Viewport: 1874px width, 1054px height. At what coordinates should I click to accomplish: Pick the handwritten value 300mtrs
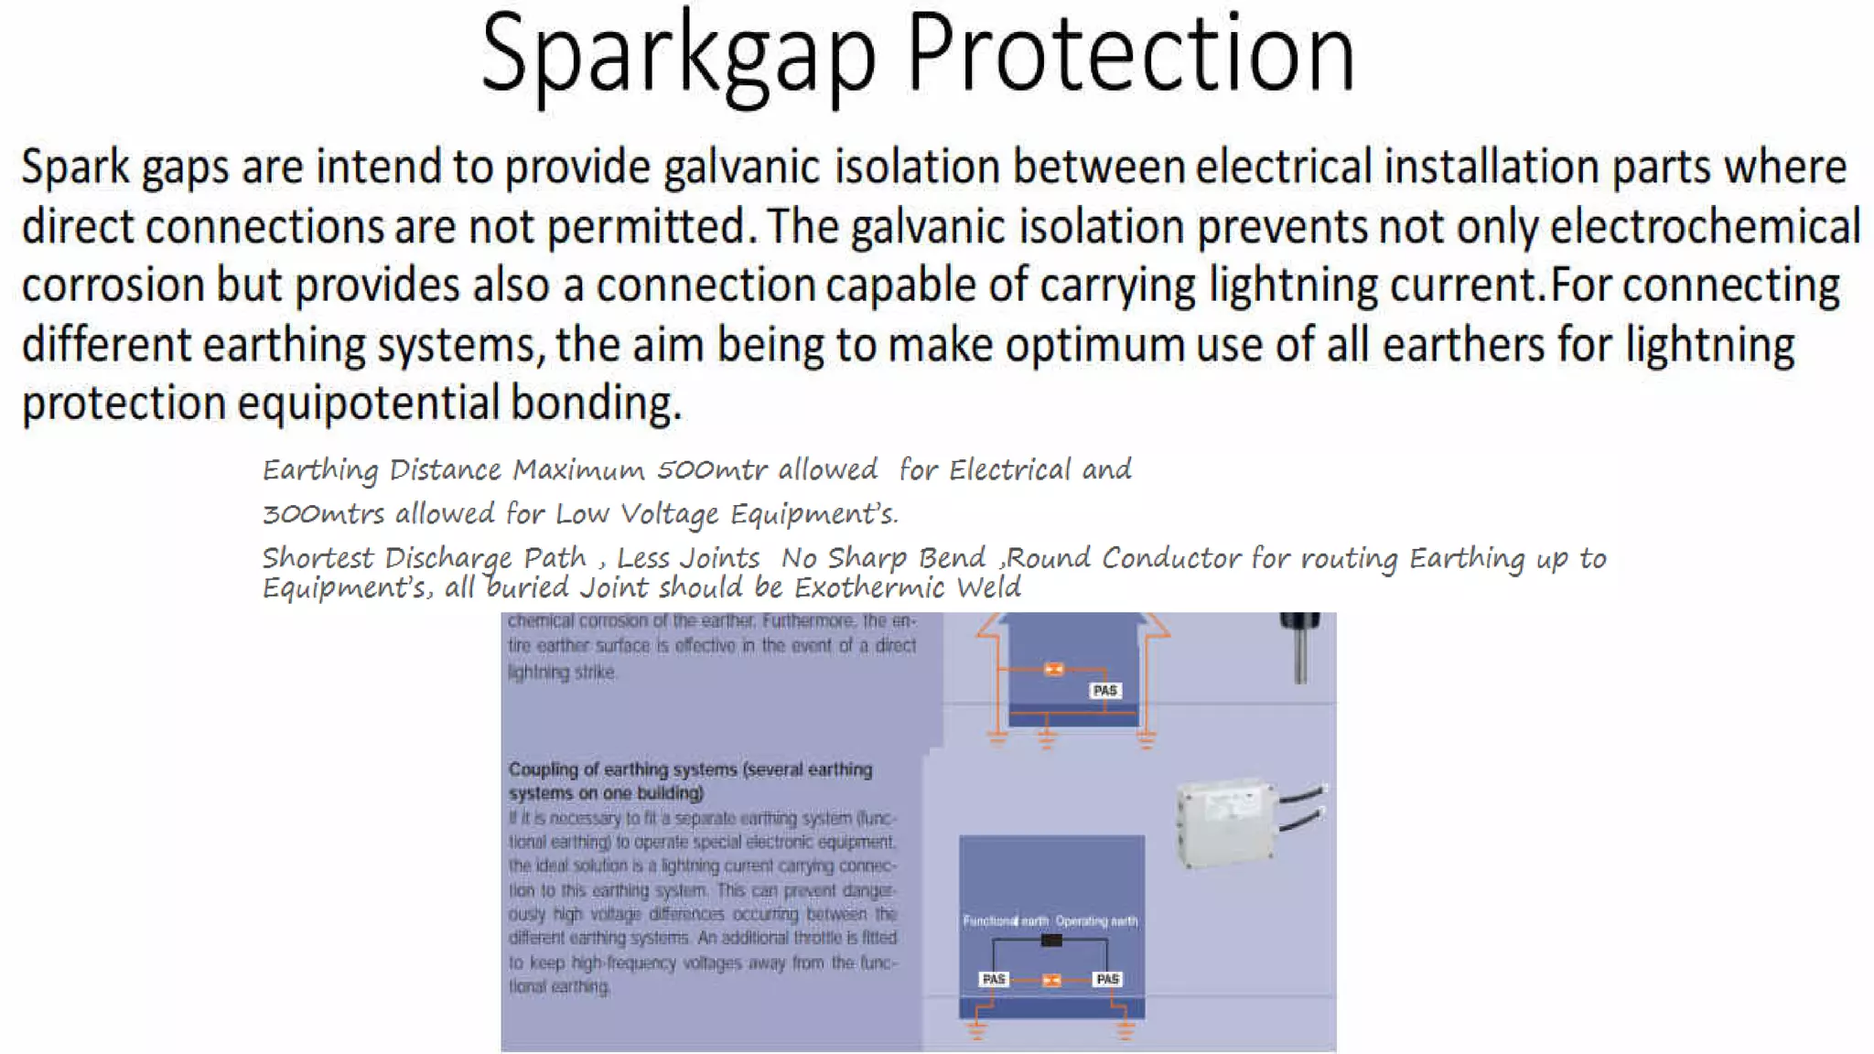(323, 514)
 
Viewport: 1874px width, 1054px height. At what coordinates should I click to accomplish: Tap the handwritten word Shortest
(318, 558)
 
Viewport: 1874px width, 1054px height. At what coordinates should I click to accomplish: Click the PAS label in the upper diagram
(1104, 691)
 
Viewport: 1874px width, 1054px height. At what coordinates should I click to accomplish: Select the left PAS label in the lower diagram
(994, 979)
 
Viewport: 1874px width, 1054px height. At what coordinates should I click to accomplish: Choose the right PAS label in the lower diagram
(1107, 979)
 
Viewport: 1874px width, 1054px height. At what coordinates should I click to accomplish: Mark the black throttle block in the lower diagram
(1051, 941)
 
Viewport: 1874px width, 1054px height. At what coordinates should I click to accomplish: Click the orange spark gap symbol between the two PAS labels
(1051, 980)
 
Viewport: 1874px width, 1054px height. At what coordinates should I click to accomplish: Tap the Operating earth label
(1096, 920)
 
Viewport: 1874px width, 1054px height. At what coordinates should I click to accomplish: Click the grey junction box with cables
(1227, 822)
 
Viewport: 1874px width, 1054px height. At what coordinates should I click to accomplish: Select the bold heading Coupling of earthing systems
(690, 780)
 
